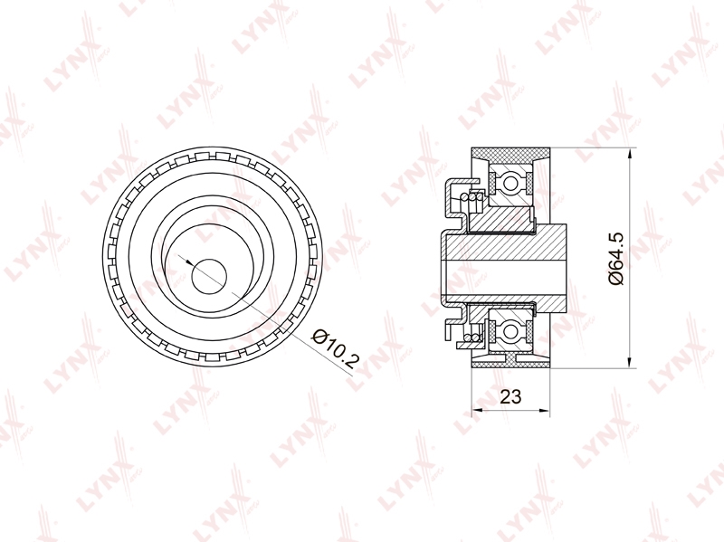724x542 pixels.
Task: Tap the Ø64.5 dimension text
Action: click(616, 259)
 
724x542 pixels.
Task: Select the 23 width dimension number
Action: click(510, 396)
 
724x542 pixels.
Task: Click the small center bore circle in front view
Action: click(209, 277)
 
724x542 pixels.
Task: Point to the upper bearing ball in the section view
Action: click(510, 183)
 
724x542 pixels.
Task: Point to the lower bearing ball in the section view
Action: click(510, 331)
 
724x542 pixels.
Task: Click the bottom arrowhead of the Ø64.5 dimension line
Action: click(630, 363)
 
